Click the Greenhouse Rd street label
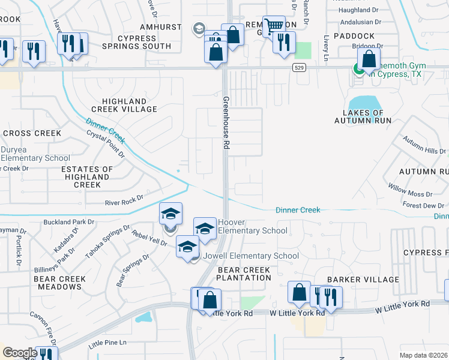[226, 122]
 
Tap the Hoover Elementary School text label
[252, 226]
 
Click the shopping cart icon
[274, 26]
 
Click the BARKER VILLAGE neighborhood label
[363, 280]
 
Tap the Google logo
[19, 353]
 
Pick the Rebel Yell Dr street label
[149, 238]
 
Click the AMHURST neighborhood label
[160, 28]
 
